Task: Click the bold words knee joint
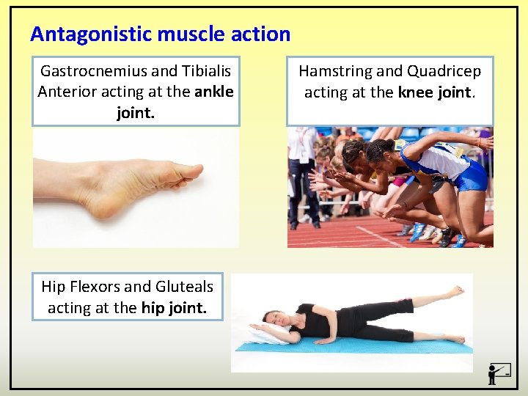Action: pos(436,92)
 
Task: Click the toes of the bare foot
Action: pos(188,173)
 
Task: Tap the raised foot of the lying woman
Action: pos(455,292)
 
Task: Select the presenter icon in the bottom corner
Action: pos(498,373)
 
